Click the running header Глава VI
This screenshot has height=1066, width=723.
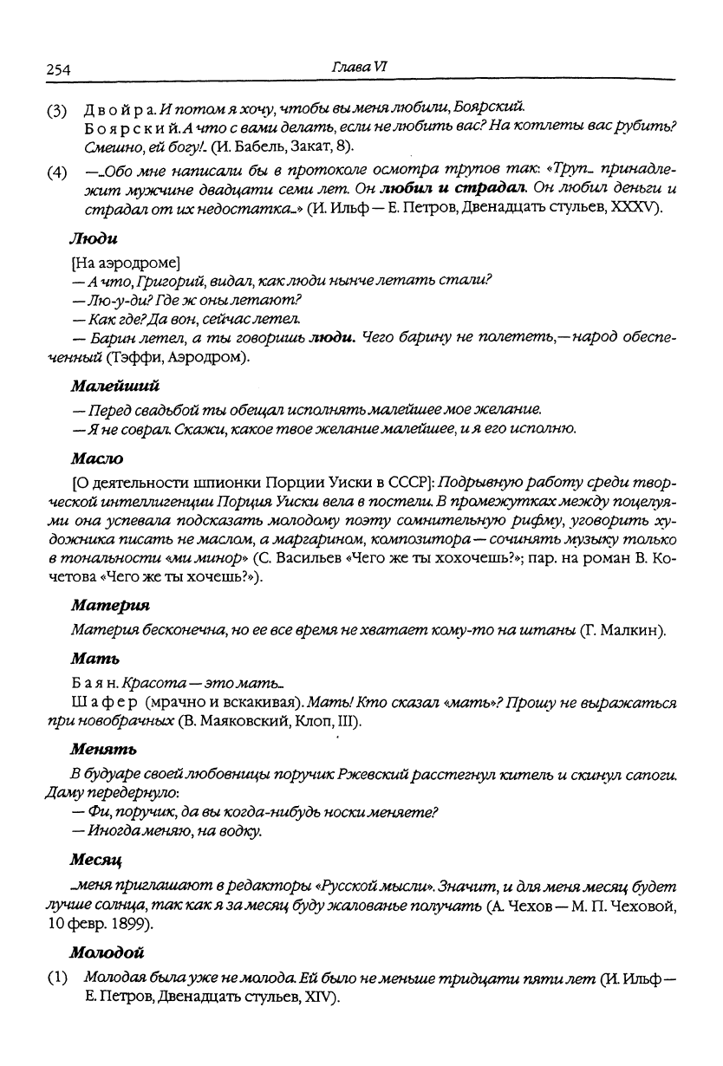363,68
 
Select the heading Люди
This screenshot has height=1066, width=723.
93,237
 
